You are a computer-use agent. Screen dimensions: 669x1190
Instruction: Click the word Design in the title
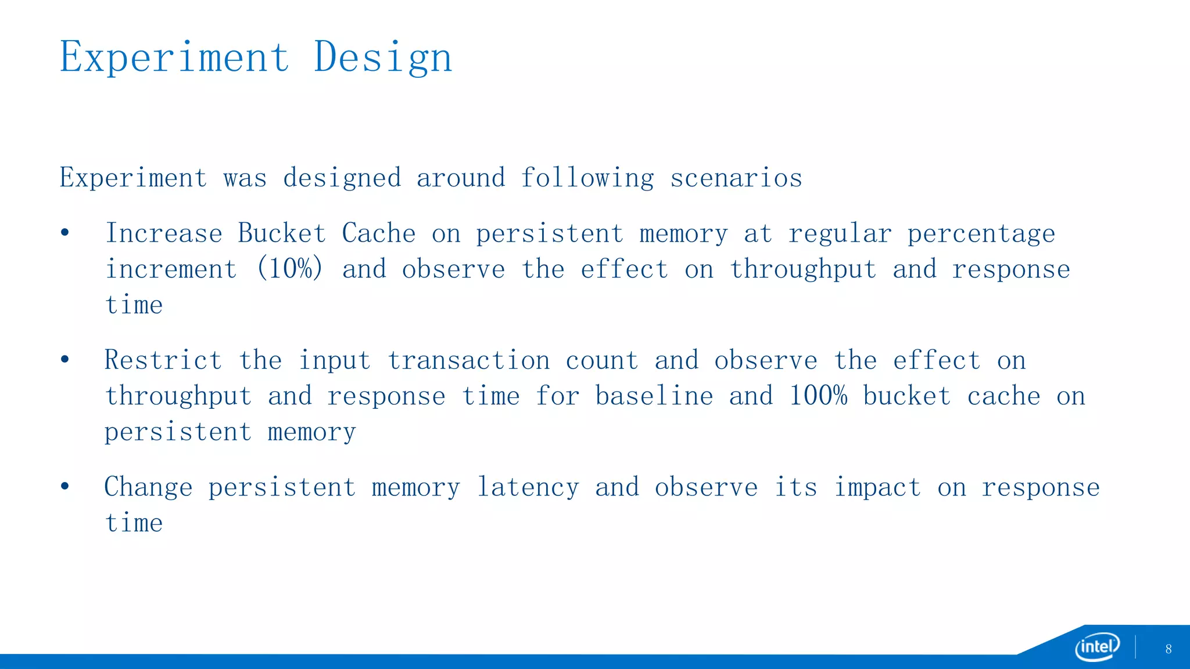point(382,57)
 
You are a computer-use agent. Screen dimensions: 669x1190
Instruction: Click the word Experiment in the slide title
point(174,57)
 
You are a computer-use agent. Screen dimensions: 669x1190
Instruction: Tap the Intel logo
point(1097,646)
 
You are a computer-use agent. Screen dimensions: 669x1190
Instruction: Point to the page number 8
point(1168,649)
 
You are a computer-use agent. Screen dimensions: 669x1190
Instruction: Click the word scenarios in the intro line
point(736,178)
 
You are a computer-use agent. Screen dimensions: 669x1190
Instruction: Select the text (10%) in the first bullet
point(289,269)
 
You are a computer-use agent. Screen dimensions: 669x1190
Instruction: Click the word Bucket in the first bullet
point(281,233)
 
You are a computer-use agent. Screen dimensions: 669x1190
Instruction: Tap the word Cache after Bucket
point(378,233)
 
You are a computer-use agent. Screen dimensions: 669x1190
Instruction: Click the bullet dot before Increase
point(64,233)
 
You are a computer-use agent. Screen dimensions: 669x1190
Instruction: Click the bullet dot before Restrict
point(64,359)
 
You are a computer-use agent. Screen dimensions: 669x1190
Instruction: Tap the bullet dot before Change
point(64,486)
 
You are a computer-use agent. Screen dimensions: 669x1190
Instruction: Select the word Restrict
point(163,360)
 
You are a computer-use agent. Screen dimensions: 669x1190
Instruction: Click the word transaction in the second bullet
point(468,360)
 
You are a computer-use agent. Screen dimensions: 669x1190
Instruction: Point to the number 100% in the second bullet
point(818,396)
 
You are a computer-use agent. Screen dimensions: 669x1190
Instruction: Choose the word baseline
point(654,396)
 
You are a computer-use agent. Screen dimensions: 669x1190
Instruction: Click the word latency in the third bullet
point(528,487)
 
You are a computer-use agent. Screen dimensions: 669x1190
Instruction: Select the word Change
point(148,487)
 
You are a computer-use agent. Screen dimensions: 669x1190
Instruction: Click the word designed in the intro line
point(342,178)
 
